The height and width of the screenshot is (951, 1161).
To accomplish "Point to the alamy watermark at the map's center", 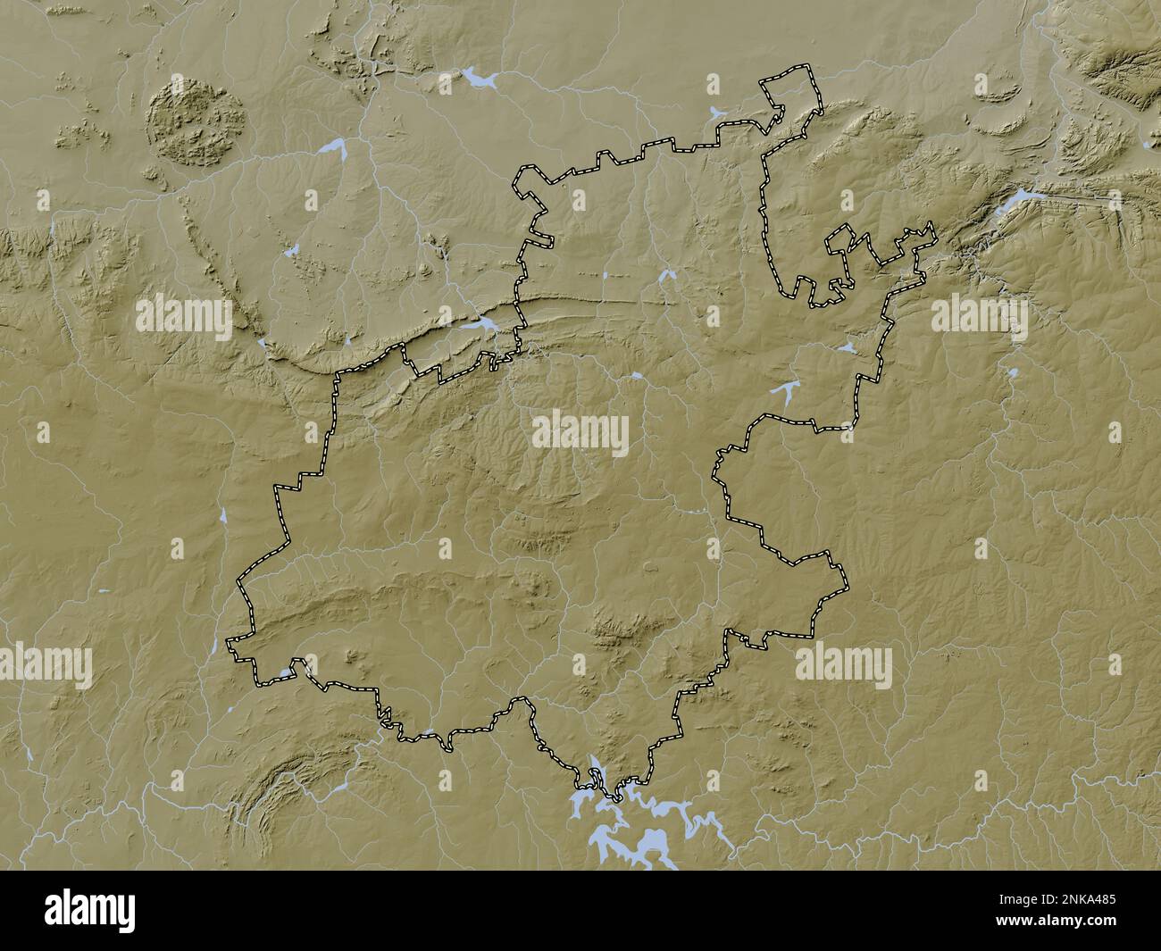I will [x=580, y=433].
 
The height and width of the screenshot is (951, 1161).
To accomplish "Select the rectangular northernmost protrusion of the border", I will [x=790, y=89].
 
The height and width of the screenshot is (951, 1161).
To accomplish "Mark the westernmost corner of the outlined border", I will [x=229, y=641].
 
